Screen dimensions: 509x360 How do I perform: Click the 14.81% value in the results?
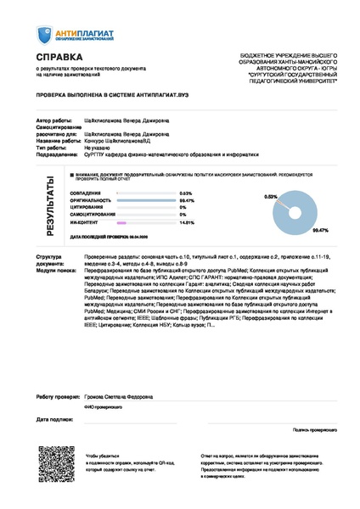pos(187,222)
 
